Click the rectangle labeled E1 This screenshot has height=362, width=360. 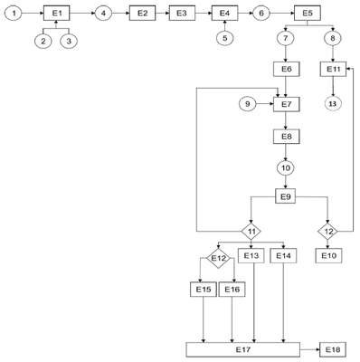tap(57, 14)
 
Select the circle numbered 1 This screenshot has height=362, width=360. tap(13, 14)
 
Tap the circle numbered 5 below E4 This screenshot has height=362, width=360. tap(225, 38)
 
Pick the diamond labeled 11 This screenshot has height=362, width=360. tap(251, 232)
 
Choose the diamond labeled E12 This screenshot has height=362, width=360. tap(218, 259)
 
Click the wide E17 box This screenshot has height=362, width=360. tap(243, 349)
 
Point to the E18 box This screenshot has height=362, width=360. tap(333, 349)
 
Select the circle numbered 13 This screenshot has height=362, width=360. tap(333, 103)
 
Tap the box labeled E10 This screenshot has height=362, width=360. tap(328, 256)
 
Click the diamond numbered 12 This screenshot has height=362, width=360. tap(328, 232)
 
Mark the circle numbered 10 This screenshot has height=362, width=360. tap(286, 167)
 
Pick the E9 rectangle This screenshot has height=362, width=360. tap(286, 196)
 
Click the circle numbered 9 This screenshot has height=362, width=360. tap(248, 104)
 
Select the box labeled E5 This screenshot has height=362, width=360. tap(308, 14)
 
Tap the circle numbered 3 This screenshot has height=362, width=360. tap(69, 42)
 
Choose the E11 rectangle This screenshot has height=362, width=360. tap(333, 69)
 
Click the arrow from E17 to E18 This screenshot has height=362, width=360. tap(310, 349)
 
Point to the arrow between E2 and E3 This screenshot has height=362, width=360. tap(162, 14)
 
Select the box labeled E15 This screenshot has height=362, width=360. tap(204, 290)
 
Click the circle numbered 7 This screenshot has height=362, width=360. tap(286, 38)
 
